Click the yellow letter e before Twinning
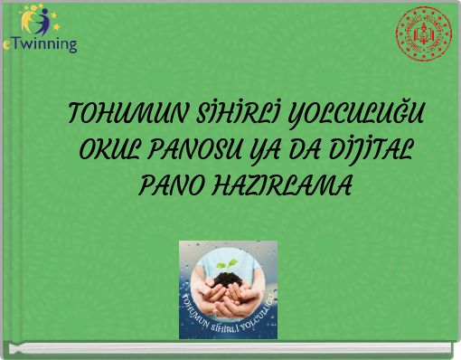[x=7, y=45]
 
